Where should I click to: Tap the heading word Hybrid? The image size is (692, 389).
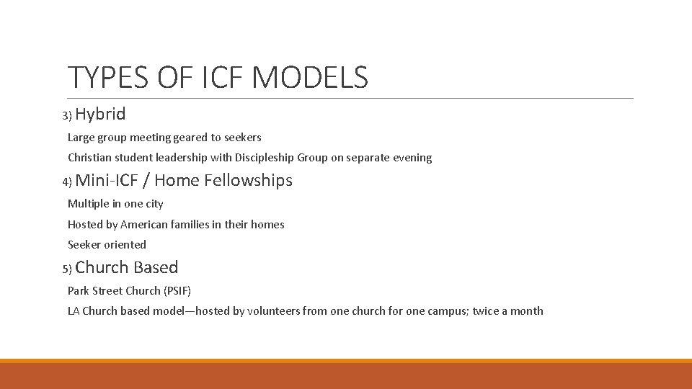100,114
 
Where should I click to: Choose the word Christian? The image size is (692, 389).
90,158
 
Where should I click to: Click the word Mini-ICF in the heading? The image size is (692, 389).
107,180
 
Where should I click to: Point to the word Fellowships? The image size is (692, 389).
248,180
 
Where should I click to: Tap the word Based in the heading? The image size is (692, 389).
155,267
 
